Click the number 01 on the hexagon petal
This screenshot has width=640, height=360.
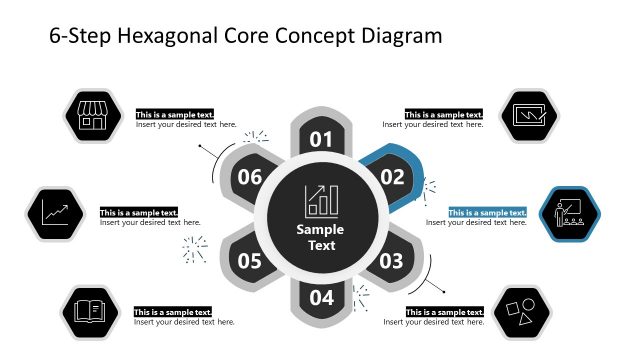321,139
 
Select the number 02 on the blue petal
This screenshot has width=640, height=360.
391,178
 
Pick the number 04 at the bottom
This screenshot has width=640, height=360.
321,297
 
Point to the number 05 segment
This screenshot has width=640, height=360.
250,261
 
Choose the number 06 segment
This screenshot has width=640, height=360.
249,178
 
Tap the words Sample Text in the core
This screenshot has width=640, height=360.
321,237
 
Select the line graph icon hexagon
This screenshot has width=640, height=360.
55,214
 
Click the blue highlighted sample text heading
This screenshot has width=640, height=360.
487,212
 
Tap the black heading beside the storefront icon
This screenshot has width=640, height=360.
175,115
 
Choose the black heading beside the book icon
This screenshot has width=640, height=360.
173,312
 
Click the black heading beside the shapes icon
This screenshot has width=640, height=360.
444,312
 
